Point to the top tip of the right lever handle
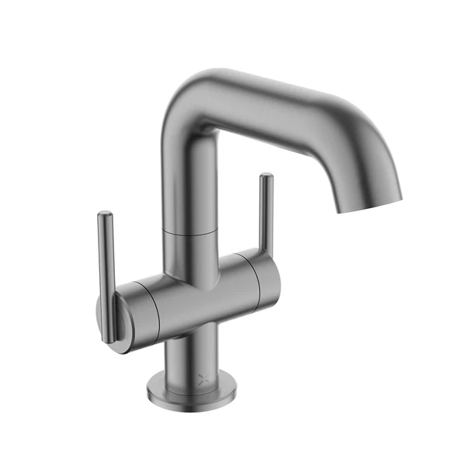click(266, 176)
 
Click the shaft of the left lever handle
click(107, 264)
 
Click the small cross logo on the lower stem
click(203, 379)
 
